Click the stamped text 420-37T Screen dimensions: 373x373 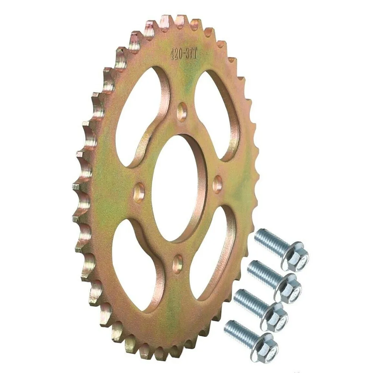coord(184,54)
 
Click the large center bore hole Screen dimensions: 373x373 coord(175,188)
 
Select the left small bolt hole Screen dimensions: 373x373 coord(139,192)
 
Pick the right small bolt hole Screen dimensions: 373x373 coord(217,184)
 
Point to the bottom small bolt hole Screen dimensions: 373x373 coord(178,264)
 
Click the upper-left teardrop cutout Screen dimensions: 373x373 coord(139,115)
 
